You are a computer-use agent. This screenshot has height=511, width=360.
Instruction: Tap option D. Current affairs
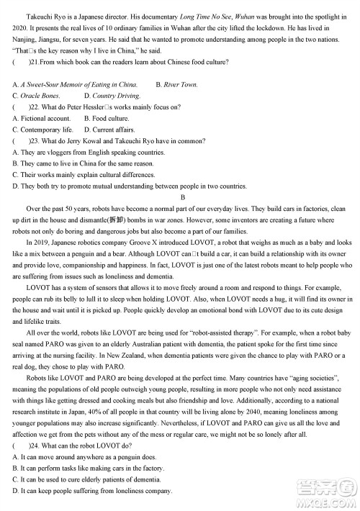tap(108, 130)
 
